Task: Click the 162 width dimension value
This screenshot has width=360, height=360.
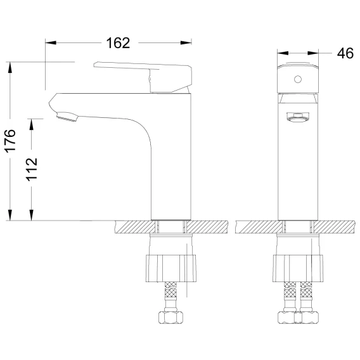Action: point(118,43)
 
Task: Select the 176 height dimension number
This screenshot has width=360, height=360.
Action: point(10,141)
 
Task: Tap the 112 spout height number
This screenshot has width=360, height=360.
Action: point(32,169)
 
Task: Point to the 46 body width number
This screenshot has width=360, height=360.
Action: point(345,53)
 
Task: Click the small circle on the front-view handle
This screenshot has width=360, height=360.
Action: point(298,79)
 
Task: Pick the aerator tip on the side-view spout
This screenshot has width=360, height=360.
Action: point(67,117)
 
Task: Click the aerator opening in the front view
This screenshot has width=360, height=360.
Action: point(298,117)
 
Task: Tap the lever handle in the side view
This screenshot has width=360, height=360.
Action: point(143,77)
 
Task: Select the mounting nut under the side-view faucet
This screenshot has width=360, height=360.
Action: point(171,268)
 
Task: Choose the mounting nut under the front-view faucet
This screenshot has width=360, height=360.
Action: point(298,268)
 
